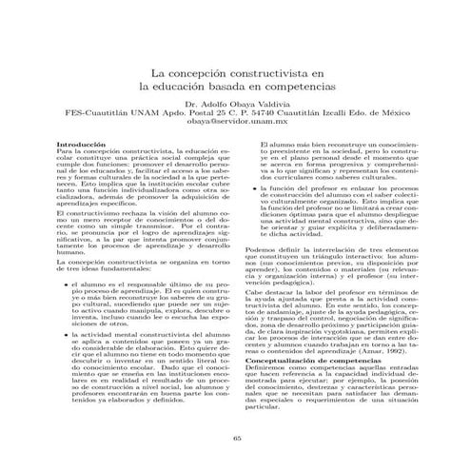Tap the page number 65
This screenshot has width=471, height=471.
pos(235,436)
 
